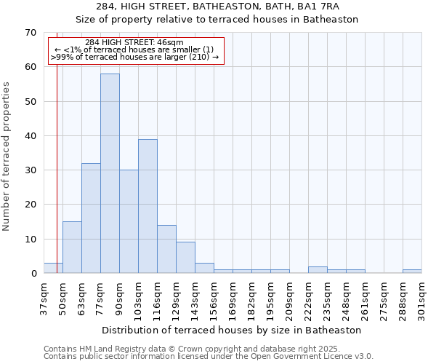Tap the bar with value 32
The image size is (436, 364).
pos(91,218)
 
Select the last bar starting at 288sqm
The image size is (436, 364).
pos(412,272)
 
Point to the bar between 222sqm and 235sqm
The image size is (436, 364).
pos(318,270)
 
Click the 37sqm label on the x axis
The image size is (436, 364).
pos(44,298)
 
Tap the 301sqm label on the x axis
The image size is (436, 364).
pos(421,298)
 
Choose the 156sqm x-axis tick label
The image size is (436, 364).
pos(214,298)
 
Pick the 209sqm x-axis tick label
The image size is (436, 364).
pos(289,298)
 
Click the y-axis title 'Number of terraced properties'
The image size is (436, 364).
pos(7,156)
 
